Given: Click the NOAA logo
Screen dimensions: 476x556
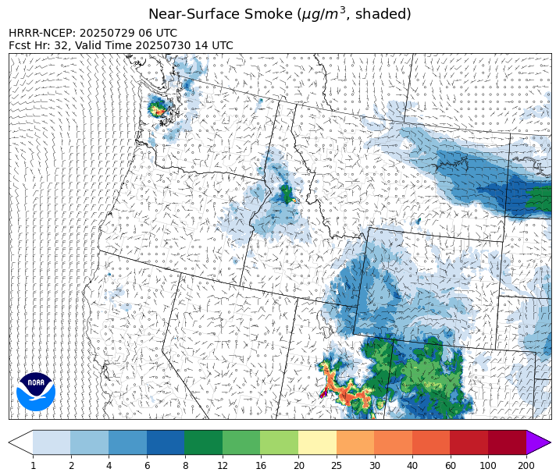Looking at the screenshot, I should click(36, 391).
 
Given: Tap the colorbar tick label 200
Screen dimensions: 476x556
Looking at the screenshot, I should click(526, 466).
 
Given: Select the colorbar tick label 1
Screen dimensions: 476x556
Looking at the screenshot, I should click(33, 466).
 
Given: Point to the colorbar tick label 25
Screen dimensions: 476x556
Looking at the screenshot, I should click(337, 466).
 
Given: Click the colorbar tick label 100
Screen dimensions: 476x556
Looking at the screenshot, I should click(488, 466).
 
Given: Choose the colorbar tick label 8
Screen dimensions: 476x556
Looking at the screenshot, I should click(184, 466).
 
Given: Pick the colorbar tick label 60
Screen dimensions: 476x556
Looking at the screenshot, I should click(451, 466).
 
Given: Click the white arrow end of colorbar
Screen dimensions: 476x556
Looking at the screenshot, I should click(21, 442).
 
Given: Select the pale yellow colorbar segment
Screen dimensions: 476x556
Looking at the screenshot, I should click(317, 442).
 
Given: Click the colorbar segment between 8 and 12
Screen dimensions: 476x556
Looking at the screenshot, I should click(203, 442).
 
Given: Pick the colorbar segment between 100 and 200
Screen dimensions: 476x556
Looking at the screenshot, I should click(507, 442).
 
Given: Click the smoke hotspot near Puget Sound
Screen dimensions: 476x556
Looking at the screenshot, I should click(159, 110).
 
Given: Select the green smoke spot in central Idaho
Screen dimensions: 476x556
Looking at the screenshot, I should click(287, 194).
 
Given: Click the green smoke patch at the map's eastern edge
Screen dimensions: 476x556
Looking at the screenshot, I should click(539, 198).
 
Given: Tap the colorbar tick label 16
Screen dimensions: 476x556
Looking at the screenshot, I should click(260, 466).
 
